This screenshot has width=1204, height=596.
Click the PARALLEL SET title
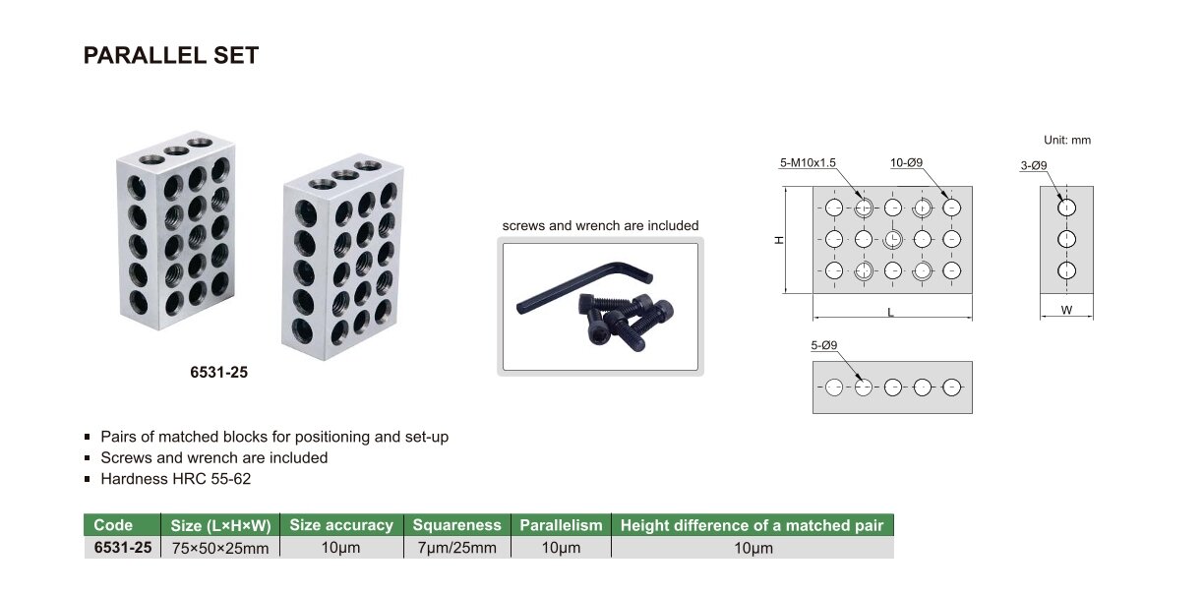[171, 55]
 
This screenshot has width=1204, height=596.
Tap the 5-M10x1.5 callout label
[808, 162]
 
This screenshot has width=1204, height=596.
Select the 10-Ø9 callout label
[906, 162]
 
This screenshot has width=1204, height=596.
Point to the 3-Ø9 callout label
[1034, 165]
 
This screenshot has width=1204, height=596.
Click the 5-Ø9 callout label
[824, 345]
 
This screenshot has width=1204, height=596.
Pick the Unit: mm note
[1067, 141]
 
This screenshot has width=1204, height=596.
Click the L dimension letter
[890, 312]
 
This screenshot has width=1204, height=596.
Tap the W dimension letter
[1066, 310]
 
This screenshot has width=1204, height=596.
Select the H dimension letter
[779, 240]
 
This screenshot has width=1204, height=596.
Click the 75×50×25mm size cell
[220, 548]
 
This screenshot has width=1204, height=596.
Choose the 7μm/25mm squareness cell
[456, 548]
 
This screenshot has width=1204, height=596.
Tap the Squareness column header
[456, 525]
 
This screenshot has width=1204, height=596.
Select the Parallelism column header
[561, 525]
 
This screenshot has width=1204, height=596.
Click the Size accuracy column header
[341, 525]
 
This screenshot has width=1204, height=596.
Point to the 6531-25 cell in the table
[123, 548]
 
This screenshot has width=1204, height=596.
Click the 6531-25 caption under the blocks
[218, 372]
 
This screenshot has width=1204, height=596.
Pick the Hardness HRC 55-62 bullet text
[176, 479]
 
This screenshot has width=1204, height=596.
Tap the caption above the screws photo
[600, 226]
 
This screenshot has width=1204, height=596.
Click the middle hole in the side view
[1066, 239]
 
